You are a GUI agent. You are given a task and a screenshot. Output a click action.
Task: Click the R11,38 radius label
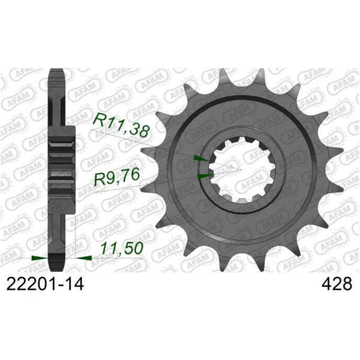pos(119,127)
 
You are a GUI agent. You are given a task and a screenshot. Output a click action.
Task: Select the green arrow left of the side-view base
pos(38,257)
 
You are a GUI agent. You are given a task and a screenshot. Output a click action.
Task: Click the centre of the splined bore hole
pos(239,169)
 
